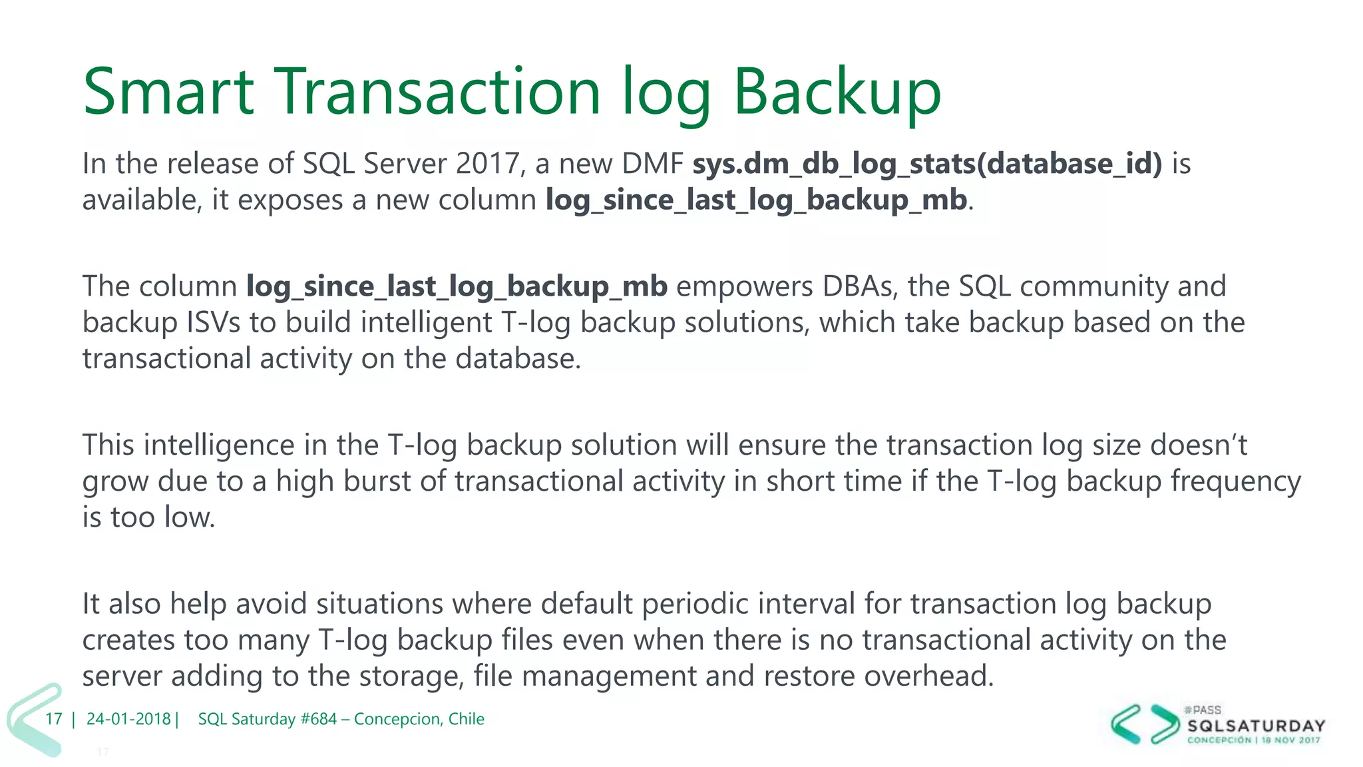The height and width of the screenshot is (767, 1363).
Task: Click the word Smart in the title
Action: [x=168, y=91]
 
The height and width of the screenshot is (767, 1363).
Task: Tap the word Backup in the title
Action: [x=837, y=91]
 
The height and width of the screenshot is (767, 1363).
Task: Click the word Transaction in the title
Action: [x=438, y=91]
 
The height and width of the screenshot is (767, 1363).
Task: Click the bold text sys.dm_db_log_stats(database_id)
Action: [x=927, y=164]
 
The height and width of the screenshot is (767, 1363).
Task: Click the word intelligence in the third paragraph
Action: [x=219, y=445]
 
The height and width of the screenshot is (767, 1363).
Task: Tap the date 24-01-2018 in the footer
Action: [x=128, y=719]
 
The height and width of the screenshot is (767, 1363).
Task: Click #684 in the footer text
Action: [x=318, y=719]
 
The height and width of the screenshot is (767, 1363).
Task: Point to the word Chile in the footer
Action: [x=466, y=719]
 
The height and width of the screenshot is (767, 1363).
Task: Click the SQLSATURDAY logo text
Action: [x=1256, y=725]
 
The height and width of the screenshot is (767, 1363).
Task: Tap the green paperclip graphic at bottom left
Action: [x=33, y=719]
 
